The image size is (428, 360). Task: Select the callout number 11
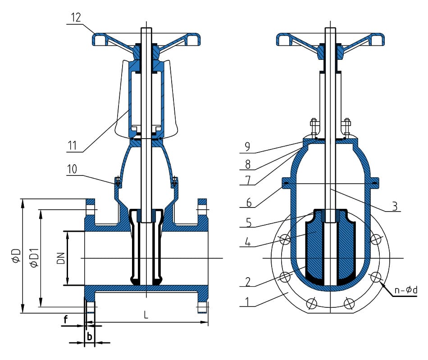coord(73,146)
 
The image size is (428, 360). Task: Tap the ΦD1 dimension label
coord(34,258)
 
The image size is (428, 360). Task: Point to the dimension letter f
coord(66,320)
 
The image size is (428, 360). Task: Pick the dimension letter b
coord(89,336)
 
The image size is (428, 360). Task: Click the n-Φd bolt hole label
coord(405,291)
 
